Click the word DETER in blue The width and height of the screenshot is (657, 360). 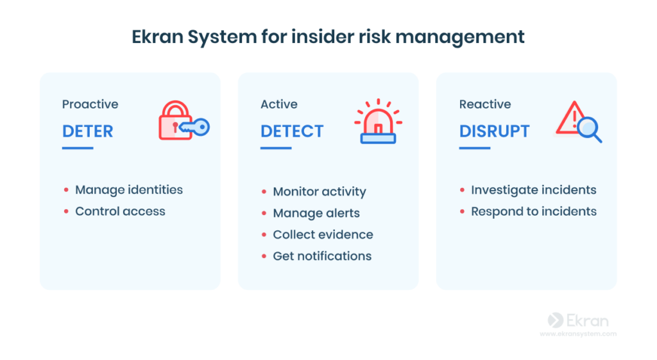pyautogui.click(x=87, y=131)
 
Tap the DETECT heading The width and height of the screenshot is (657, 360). pyautogui.click(x=292, y=131)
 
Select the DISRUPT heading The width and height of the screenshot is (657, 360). pyautogui.click(x=495, y=131)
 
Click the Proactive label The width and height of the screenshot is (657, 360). pyautogui.click(x=90, y=104)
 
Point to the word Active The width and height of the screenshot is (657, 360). pyautogui.click(x=279, y=104)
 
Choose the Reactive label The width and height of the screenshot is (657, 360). pyautogui.click(x=485, y=104)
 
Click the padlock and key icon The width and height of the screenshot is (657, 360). pyautogui.click(x=184, y=120)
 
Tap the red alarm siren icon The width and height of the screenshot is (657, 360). pyautogui.click(x=378, y=121)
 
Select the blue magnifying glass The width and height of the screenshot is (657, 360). pyautogui.click(x=590, y=130)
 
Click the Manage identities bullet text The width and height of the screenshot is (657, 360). pyautogui.click(x=129, y=190)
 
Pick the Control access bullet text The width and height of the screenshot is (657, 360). pyautogui.click(x=120, y=211)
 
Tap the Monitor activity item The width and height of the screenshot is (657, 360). pyautogui.click(x=320, y=191)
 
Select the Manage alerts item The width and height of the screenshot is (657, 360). pyautogui.click(x=316, y=213)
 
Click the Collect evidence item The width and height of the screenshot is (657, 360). pyautogui.click(x=323, y=234)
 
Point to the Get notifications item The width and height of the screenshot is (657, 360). pyautogui.click(x=322, y=256)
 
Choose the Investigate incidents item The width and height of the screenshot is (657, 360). pyautogui.click(x=534, y=190)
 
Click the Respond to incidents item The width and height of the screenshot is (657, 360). pyautogui.click(x=534, y=211)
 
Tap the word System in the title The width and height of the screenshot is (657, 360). pyautogui.click(x=222, y=37)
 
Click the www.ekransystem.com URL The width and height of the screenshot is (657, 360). pyautogui.click(x=578, y=334)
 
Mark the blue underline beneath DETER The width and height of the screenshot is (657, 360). pyautogui.click(x=78, y=148)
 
